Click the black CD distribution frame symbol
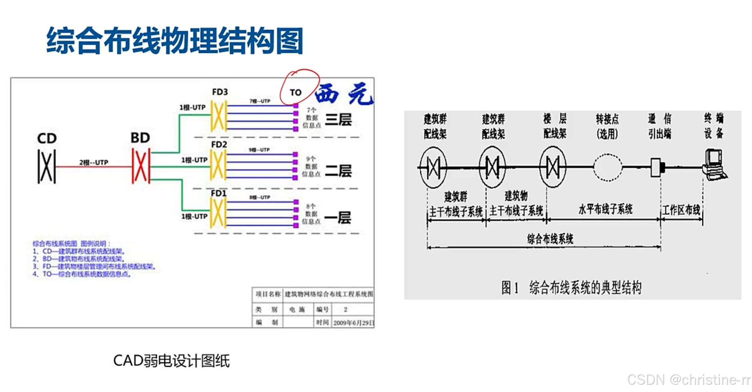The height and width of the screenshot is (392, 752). pos(47,167)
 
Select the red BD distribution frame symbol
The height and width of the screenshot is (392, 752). pos(141,166)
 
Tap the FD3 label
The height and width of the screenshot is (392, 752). pos(220,92)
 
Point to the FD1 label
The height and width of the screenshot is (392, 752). pos(219,193)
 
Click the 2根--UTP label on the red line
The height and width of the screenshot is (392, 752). pos(94,162)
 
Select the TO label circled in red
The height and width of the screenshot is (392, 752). pos(295,92)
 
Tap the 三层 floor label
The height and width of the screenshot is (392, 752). pos(338,120)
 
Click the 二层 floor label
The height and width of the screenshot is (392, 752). pos(338,171)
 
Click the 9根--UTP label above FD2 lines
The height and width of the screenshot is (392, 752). pos(259,150)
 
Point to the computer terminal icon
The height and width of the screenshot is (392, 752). pos(715,165)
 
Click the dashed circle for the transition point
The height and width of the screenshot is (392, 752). pos(607,167)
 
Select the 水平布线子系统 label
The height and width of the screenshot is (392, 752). pos(605,209)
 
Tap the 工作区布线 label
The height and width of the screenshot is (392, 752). pos(681,210)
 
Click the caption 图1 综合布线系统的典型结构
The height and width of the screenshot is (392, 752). pos(571,288)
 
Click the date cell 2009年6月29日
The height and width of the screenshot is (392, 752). pos(353,323)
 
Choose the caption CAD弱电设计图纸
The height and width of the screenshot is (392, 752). pos(171,361)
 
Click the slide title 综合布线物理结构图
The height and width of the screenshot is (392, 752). pos(175,41)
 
